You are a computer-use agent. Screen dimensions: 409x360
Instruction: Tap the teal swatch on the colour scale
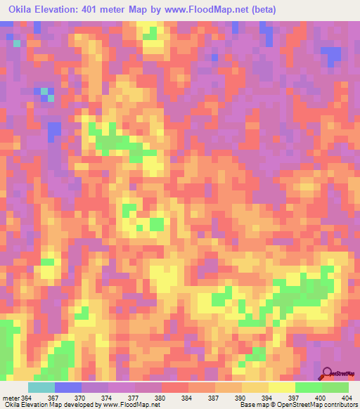coord(41,387)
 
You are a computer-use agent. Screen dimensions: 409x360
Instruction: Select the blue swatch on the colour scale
coord(68,387)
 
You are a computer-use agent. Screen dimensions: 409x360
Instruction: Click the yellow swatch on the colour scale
coord(281,387)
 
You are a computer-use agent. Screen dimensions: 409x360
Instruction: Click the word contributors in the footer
coord(340,405)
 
